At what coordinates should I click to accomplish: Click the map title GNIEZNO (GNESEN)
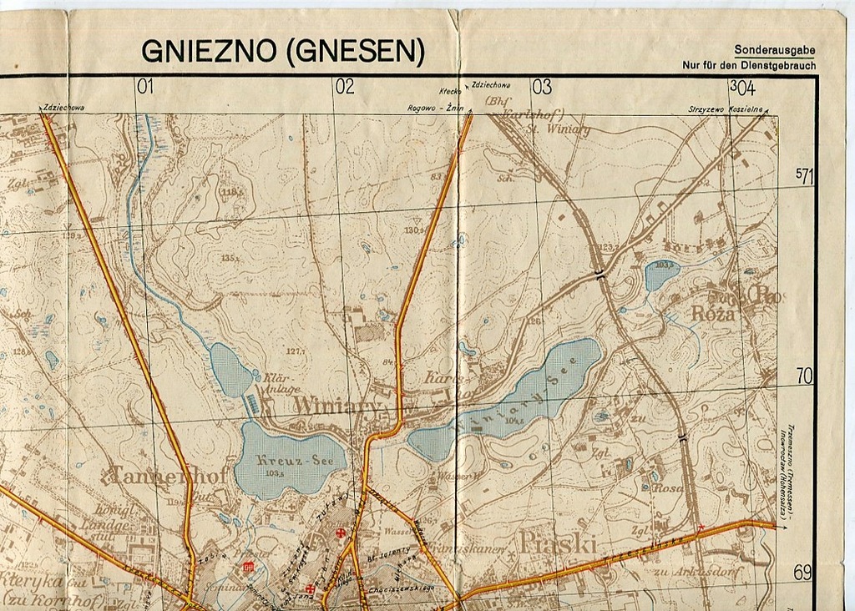[283, 52]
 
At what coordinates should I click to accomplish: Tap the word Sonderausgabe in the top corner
[774, 51]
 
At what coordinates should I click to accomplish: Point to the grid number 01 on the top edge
[146, 87]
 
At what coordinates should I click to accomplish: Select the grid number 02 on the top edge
[344, 87]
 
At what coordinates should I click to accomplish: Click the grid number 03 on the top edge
[542, 87]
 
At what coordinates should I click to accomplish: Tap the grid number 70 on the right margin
[804, 376]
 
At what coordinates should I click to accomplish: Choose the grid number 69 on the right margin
[802, 573]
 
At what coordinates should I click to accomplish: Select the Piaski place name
[559, 543]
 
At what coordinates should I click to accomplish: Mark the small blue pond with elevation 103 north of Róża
[661, 274]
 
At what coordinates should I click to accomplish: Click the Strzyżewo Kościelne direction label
[725, 109]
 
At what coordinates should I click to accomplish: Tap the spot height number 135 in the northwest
[228, 259]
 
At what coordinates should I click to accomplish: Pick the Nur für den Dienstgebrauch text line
[749, 65]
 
